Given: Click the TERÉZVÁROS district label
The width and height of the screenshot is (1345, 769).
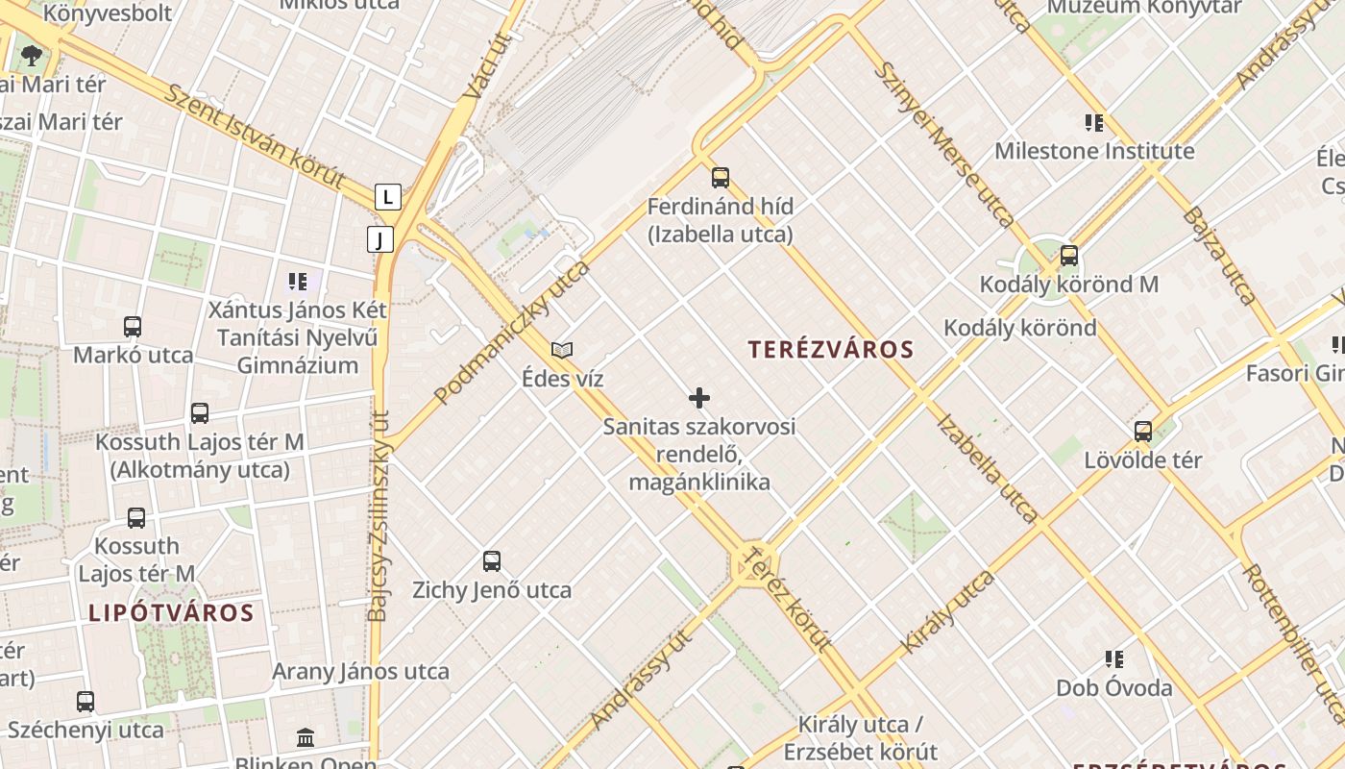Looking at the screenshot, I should click(x=831, y=350).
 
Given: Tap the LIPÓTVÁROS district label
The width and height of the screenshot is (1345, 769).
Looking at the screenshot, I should click(x=171, y=613).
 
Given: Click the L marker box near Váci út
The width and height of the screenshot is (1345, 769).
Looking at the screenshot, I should click(x=387, y=197).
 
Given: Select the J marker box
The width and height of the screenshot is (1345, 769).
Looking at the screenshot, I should click(x=380, y=239).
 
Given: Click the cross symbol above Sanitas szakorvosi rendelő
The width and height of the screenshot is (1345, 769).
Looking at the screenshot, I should click(x=699, y=398).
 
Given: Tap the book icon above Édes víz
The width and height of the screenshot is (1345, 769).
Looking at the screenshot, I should click(x=562, y=351).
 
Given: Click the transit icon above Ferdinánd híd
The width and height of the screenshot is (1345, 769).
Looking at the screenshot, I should click(x=721, y=178).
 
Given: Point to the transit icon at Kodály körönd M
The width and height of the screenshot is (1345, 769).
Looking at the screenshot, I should click(x=1068, y=256).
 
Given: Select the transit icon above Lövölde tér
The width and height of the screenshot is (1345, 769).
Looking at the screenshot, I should click(x=1142, y=432).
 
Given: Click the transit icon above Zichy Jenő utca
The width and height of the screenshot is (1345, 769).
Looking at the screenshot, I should click(x=492, y=561).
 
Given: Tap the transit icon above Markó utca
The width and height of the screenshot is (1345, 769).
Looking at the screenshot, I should click(x=133, y=327).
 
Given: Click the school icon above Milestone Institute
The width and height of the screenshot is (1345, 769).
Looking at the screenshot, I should click(x=1093, y=123).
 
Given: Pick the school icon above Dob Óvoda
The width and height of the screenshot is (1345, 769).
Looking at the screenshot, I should click(x=1114, y=659).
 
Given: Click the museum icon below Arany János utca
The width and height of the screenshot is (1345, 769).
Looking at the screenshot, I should click(x=306, y=737).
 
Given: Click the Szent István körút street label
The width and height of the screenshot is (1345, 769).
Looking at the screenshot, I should click(x=255, y=136).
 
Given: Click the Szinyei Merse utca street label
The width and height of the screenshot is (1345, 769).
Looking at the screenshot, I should click(x=944, y=144).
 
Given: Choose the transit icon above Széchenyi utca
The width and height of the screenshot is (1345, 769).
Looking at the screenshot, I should click(x=86, y=702).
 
